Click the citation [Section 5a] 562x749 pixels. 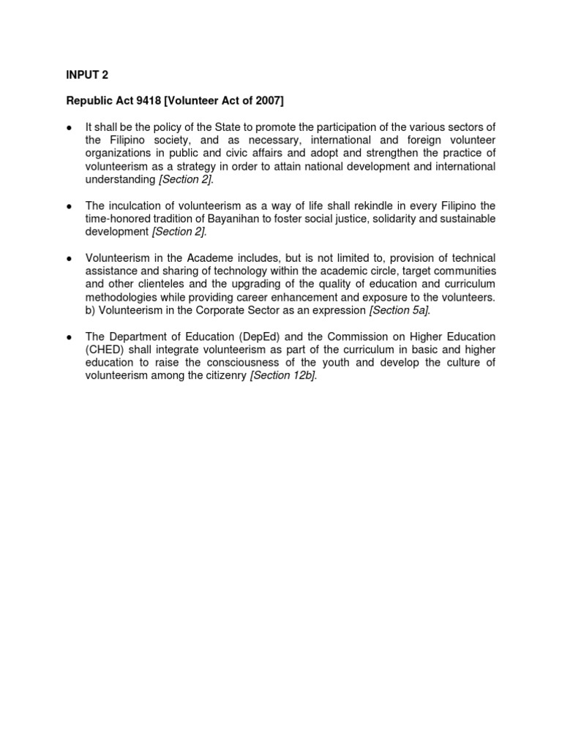(x=400, y=310)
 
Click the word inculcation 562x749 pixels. (x=137, y=206)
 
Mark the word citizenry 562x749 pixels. (x=222, y=375)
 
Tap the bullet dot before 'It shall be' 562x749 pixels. (x=68, y=127)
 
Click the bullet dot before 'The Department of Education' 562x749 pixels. (x=68, y=337)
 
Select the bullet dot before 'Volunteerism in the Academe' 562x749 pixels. (x=68, y=259)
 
